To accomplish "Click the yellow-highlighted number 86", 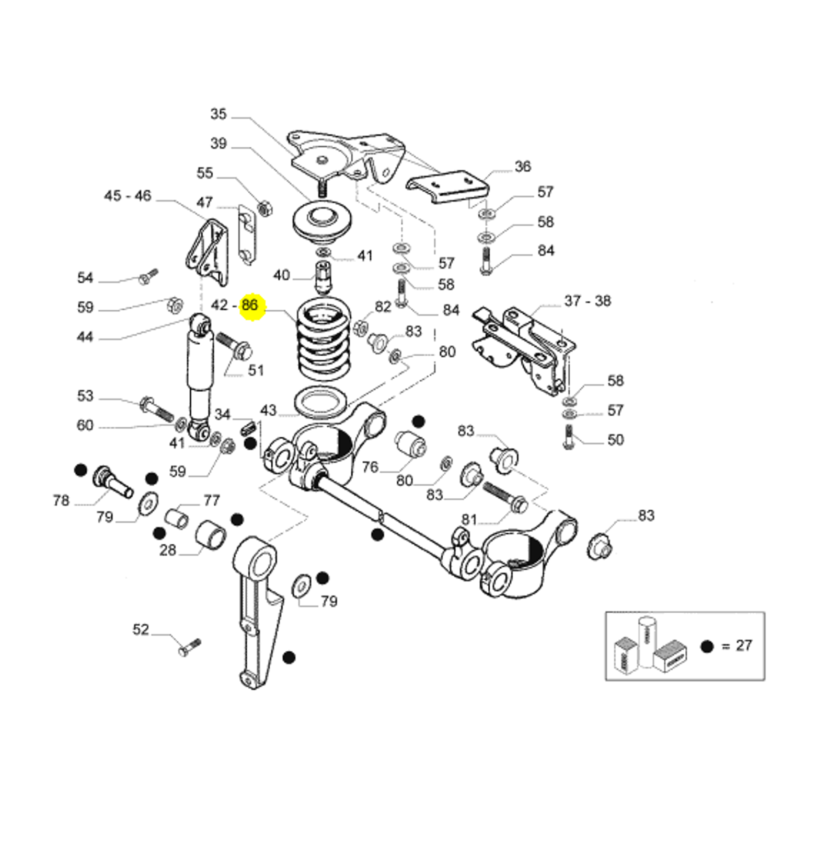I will (x=250, y=305).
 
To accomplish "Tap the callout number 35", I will (x=218, y=114).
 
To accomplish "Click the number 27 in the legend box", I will (x=744, y=646).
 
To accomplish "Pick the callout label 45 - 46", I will (x=128, y=196).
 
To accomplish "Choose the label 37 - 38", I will (x=588, y=301).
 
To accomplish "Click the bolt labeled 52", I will (x=189, y=648).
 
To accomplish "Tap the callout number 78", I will (x=61, y=500).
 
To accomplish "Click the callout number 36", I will (x=523, y=167).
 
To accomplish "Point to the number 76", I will (x=370, y=466).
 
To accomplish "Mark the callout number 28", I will (x=168, y=550).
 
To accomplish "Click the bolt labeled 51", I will (x=235, y=346).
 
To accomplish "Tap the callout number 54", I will (x=85, y=278).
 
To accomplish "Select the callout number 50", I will (x=616, y=440).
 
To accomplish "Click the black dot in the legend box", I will (x=707, y=647).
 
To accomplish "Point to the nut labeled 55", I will (x=265, y=208).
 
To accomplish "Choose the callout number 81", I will (x=469, y=519).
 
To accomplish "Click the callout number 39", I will (x=218, y=143).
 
